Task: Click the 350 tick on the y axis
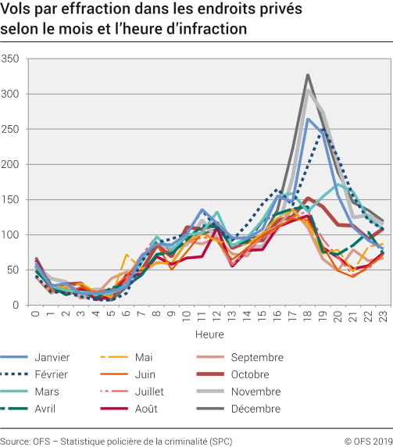tap(11, 59)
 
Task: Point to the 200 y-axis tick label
tap(11, 164)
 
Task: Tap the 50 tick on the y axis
tap(13, 270)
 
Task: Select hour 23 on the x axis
tap(383, 316)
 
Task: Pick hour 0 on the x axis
tap(36, 315)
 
